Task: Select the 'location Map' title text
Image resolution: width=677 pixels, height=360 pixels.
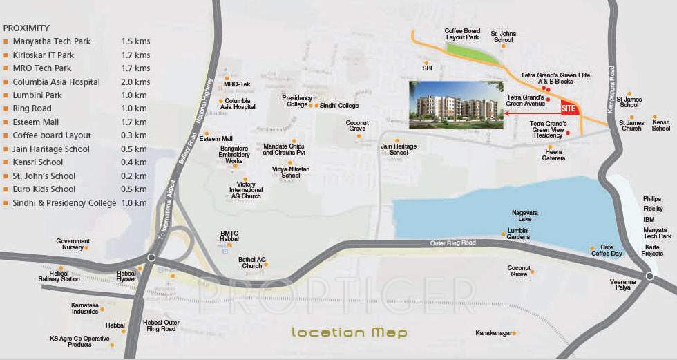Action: coord(349,332)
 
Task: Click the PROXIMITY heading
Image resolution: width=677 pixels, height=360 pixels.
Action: coord(26,28)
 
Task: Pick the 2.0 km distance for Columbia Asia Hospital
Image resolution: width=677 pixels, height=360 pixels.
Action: coord(135,82)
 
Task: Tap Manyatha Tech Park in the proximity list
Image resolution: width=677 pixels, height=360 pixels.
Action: coord(51,41)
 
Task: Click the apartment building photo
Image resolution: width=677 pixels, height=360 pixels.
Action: coord(456,104)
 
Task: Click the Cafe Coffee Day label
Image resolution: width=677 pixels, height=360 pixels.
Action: coord(611,250)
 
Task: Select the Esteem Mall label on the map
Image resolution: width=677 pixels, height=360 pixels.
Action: coord(216,139)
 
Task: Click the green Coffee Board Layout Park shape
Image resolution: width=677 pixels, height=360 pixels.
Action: coord(473,53)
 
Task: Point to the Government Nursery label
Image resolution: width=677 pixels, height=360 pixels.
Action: coord(73,244)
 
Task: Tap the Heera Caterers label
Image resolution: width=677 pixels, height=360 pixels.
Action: coord(554,155)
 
